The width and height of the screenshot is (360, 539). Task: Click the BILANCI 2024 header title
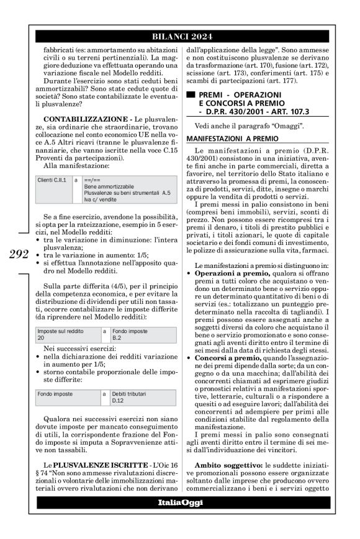[x=180, y=36]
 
